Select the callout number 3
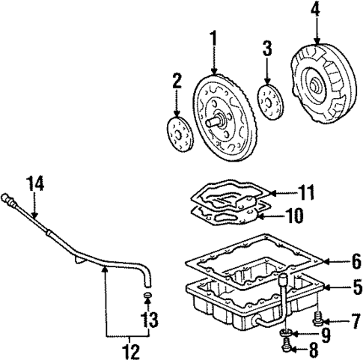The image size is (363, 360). [267, 50]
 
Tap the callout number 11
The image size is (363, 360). [305, 193]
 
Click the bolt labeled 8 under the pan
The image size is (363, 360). [287, 346]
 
